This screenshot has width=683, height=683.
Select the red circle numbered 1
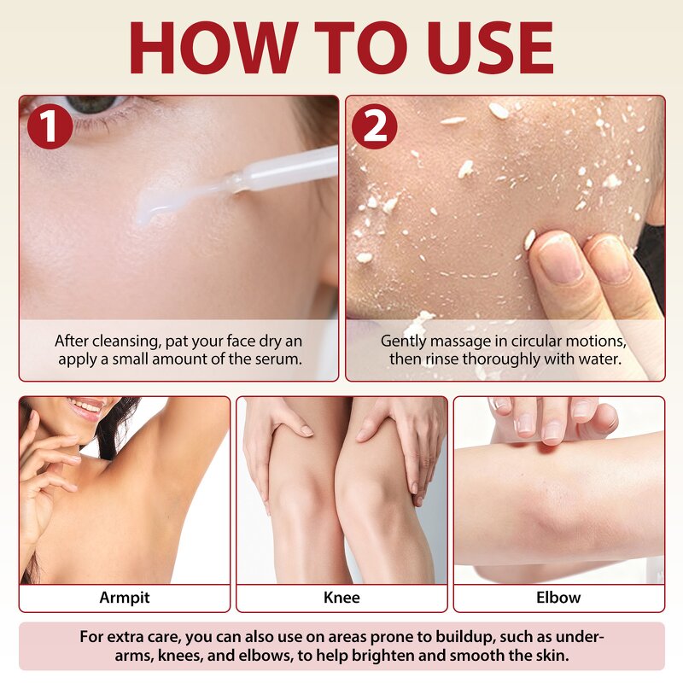pyautogui.click(x=49, y=127)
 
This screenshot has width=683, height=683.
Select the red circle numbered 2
pyautogui.click(x=375, y=127)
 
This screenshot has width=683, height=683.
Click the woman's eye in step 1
pyautogui.click(x=90, y=105)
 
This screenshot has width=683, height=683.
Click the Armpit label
pyautogui.click(x=124, y=598)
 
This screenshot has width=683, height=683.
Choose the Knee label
pyautogui.click(x=341, y=598)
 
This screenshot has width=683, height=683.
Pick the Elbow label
pyautogui.click(x=558, y=598)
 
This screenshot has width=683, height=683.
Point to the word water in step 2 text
pyautogui.click(x=599, y=359)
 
